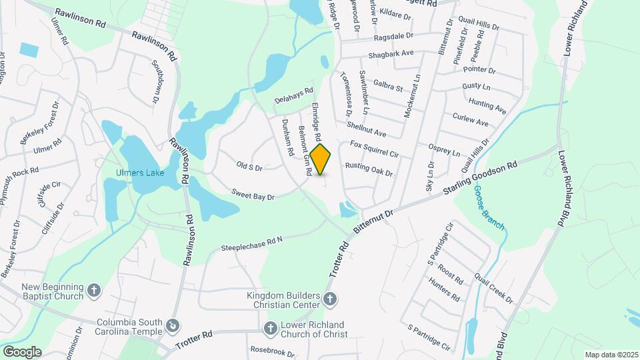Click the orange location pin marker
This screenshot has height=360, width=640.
tap(321, 159)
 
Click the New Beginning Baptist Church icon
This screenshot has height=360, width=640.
tap(95, 291)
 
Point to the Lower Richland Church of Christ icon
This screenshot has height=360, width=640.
tap(270, 329)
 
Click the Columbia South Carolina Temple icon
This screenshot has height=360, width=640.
tap(173, 326)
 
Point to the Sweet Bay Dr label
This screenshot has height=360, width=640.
tap(254, 193)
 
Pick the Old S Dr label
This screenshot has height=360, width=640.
tap(249, 165)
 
